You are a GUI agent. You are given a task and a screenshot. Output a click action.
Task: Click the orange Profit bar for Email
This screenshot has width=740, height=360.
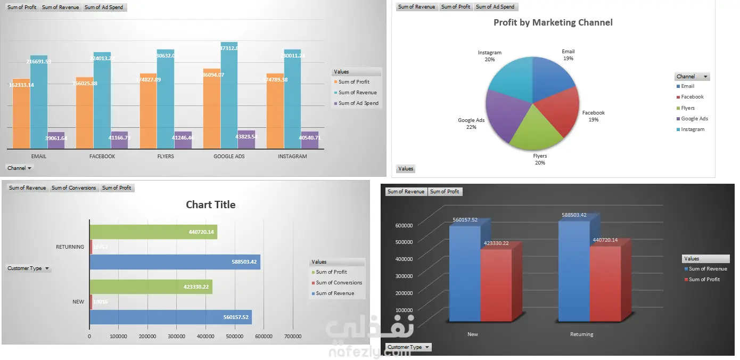pos(21,114)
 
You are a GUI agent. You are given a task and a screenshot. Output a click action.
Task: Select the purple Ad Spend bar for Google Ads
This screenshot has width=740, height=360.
pos(246,140)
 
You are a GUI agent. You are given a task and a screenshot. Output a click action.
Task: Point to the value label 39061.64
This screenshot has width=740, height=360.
pos(56,138)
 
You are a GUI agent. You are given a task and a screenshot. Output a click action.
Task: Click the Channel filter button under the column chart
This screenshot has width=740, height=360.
pos(19,168)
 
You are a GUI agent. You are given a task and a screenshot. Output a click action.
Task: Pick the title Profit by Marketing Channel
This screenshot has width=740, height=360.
pos(553,22)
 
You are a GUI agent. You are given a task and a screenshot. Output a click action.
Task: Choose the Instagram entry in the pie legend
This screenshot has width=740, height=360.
pos(692,129)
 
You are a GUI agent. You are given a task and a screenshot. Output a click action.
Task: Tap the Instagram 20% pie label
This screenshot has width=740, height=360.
pos(490,56)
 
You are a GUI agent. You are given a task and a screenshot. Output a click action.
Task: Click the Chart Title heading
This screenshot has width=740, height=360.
pos(210,204)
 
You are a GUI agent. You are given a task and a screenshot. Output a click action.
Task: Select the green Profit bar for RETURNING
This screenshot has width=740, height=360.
pos(153,232)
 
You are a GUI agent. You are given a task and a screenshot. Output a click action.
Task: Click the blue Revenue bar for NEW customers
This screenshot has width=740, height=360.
pos(170,317)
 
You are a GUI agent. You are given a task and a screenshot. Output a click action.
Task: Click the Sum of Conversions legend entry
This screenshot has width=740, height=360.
pos(339,283)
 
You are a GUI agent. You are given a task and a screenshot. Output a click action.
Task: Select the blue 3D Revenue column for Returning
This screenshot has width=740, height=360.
pos(574,272)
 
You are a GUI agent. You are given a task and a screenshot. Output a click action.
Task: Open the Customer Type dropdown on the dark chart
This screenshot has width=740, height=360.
pos(409,347)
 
